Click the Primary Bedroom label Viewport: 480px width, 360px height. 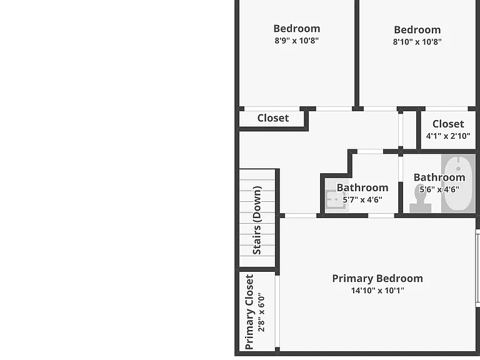click(x=377, y=279)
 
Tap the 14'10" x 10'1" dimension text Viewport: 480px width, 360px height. click(x=377, y=290)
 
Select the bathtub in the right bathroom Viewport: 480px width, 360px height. click(x=458, y=183)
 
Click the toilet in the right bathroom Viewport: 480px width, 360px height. click(x=420, y=198)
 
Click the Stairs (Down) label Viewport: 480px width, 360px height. click(x=257, y=220)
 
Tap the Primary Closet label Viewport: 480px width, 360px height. click(x=249, y=312)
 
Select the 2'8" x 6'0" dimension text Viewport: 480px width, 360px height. click(x=261, y=312)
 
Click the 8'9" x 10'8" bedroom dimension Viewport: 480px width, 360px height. click(x=297, y=41)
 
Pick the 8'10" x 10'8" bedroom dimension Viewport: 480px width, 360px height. click(x=417, y=42)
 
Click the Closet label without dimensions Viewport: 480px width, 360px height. click(x=273, y=118)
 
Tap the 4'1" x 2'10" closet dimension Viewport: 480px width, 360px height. click(x=448, y=136)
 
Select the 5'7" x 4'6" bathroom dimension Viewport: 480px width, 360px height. click(x=362, y=200)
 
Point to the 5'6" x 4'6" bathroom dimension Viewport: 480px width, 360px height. click(x=439, y=189)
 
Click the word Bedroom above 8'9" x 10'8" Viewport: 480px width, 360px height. click(x=297, y=29)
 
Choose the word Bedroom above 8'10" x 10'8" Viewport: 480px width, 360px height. click(x=417, y=30)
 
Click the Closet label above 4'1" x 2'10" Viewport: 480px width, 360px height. click(x=448, y=124)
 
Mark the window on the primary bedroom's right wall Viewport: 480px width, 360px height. click(x=477, y=268)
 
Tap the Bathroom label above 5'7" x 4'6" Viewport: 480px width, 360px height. click(x=362, y=187)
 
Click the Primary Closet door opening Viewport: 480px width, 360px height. click(x=277, y=311)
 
